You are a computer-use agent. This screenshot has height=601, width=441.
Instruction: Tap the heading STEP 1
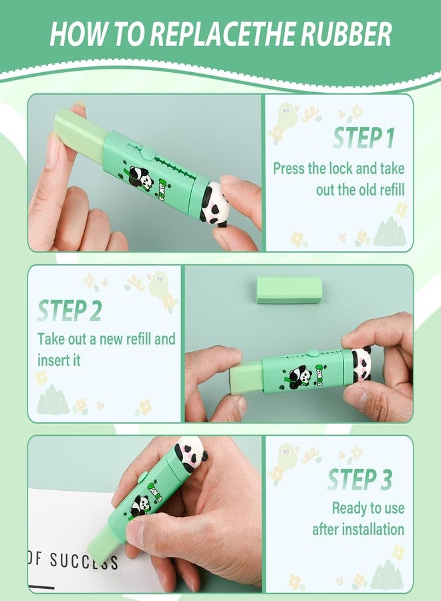pyautogui.click(x=363, y=138)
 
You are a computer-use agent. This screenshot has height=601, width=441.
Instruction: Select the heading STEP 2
pyautogui.click(x=69, y=311)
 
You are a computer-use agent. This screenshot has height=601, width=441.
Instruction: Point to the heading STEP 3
pyautogui.click(x=359, y=479)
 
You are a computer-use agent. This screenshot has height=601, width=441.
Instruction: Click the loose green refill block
pyautogui.click(x=289, y=290)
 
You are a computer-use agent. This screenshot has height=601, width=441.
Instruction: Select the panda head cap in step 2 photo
pyautogui.click(x=361, y=363)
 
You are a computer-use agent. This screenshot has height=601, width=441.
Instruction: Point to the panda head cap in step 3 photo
pyautogui.click(x=191, y=454)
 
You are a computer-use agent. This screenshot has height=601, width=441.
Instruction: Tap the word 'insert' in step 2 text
pyautogui.click(x=51, y=361)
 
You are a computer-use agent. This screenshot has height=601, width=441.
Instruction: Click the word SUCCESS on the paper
pyautogui.click(x=84, y=560)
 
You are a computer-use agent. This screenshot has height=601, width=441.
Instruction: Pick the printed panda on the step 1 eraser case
pyautogui.click(x=140, y=178)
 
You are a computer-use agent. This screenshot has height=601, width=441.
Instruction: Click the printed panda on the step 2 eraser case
pyautogui.click(x=299, y=377)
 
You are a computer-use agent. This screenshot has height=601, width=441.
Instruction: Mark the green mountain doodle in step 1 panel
pyautogui.click(x=390, y=231)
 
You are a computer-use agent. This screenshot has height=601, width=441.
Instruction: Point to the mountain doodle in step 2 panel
pyautogui.click(x=53, y=400)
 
